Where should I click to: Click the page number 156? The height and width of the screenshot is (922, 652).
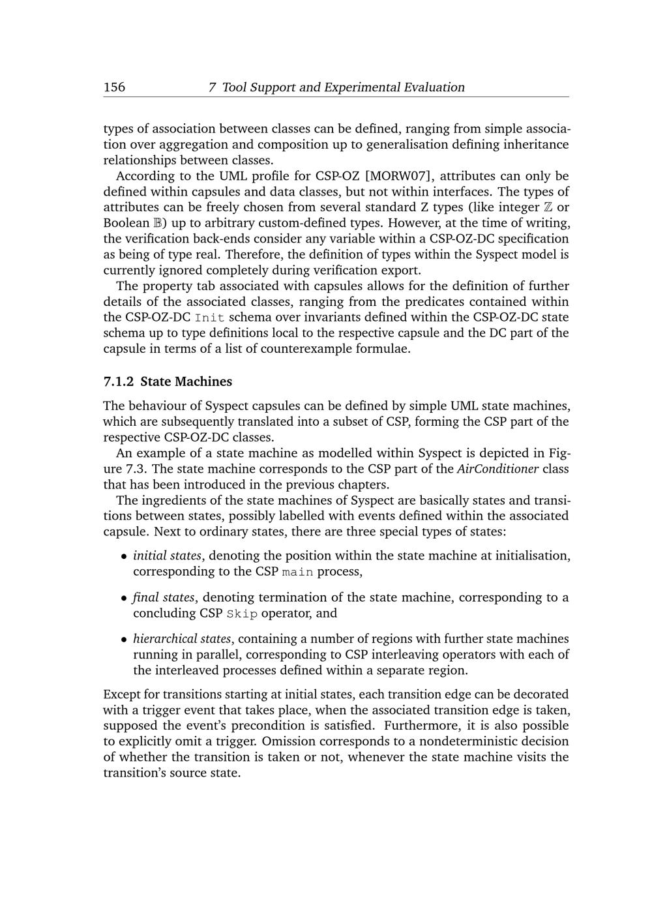coord(114,87)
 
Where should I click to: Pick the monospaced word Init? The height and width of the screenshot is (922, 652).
coord(209,318)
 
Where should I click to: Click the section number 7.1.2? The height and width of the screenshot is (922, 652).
coord(119,381)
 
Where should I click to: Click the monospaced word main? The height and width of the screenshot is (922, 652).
coord(297,572)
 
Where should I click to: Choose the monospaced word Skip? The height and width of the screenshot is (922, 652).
coord(242,614)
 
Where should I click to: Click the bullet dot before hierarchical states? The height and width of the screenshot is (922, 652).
coord(124,640)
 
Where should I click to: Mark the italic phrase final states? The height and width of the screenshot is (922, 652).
coord(164,597)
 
